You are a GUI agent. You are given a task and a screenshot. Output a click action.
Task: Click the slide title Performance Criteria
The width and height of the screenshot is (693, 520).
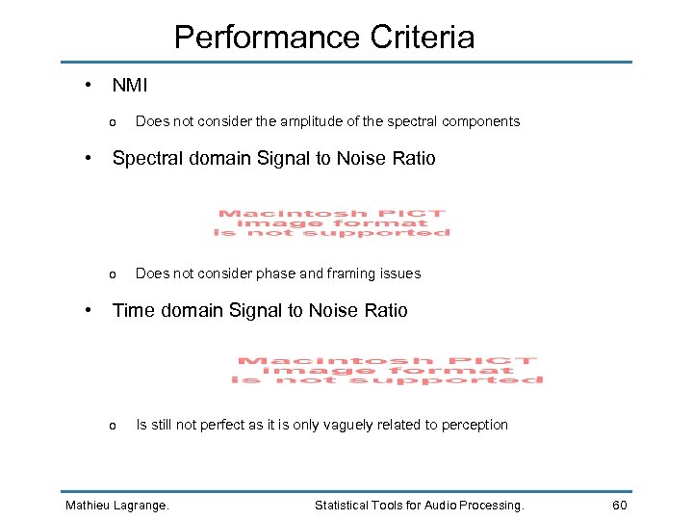pos(324,38)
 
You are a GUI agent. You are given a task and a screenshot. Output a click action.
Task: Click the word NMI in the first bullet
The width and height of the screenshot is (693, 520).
pos(130,86)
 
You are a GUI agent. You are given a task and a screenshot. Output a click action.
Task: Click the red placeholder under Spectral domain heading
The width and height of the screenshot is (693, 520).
pos(332,223)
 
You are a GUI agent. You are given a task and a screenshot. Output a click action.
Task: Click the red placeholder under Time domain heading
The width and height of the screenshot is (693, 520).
pos(387,371)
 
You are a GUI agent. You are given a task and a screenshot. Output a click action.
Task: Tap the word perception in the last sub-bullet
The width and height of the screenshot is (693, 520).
pos(475,425)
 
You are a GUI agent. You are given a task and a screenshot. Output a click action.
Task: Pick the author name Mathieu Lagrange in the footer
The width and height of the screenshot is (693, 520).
pos(116,505)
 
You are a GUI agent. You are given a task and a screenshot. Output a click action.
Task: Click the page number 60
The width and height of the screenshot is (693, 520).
pos(620,505)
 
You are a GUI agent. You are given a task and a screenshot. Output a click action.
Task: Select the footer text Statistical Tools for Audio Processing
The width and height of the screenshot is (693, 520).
pos(420,505)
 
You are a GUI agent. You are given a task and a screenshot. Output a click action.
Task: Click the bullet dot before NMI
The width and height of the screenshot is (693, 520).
pos(88,84)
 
